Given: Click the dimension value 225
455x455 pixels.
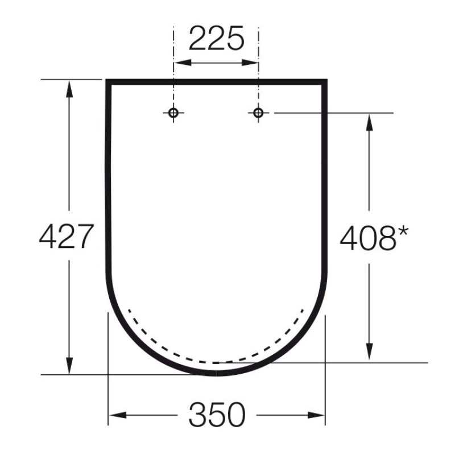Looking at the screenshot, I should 216,39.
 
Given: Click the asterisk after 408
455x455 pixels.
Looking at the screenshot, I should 403,231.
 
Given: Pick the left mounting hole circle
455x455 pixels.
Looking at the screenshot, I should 174,113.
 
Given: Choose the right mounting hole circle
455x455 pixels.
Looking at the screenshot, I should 258,113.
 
